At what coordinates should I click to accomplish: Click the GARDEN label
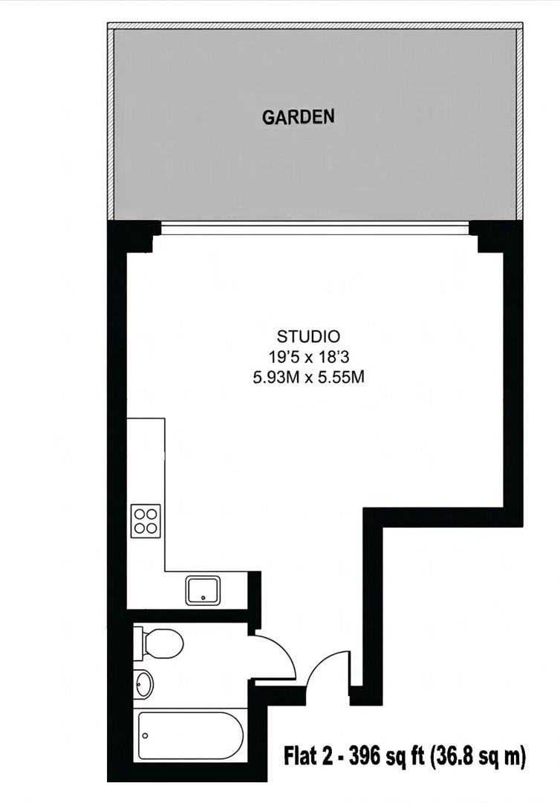click(x=298, y=117)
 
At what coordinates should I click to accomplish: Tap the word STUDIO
click(x=308, y=337)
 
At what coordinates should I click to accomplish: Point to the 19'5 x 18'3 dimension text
click(x=308, y=356)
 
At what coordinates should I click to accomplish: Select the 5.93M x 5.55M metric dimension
click(x=308, y=378)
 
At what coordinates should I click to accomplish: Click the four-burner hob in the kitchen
click(x=146, y=520)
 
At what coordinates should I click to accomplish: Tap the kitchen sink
click(x=203, y=590)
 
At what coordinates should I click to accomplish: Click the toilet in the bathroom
click(x=158, y=644)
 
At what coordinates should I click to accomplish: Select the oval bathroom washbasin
click(x=143, y=684)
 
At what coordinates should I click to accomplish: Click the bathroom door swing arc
click(x=284, y=649)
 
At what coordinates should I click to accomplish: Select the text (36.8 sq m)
click(x=478, y=757)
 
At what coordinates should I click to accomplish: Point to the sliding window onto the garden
click(x=315, y=228)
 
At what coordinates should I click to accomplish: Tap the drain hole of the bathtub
click(x=146, y=736)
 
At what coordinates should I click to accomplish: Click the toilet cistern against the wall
click(x=139, y=643)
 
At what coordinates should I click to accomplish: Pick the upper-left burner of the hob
click(x=139, y=514)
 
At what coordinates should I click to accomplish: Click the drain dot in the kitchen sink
click(x=203, y=597)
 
